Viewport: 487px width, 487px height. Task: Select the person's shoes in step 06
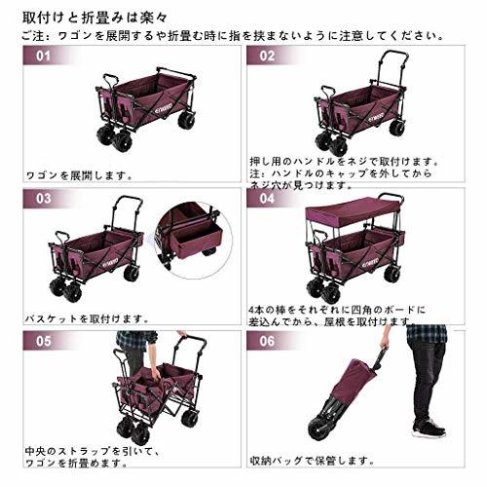point(428,427)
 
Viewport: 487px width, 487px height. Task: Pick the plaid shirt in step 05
point(135,341)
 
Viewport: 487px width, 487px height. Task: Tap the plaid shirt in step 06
point(426,333)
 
